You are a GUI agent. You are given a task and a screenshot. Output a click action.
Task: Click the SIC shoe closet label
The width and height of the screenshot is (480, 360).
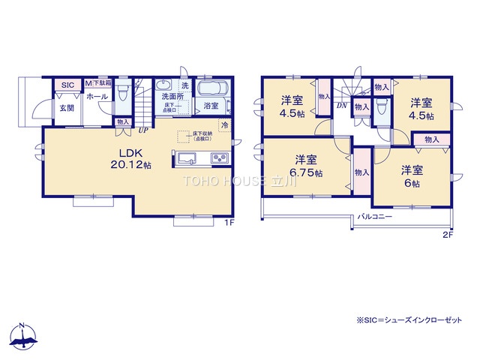(x=67, y=85)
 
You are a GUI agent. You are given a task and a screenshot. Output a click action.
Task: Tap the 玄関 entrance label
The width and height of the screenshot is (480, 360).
(x=67, y=108)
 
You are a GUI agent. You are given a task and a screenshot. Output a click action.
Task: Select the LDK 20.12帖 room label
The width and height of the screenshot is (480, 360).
(x=130, y=158)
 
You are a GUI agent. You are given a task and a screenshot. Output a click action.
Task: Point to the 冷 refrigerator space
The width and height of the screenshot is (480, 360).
(x=224, y=125)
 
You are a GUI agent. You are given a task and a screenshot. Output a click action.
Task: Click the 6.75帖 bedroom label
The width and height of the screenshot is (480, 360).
(x=304, y=166)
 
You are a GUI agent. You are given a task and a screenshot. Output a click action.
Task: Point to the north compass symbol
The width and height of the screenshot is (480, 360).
(x=22, y=339)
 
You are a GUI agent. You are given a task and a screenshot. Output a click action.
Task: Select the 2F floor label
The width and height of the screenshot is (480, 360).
(x=448, y=235)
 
